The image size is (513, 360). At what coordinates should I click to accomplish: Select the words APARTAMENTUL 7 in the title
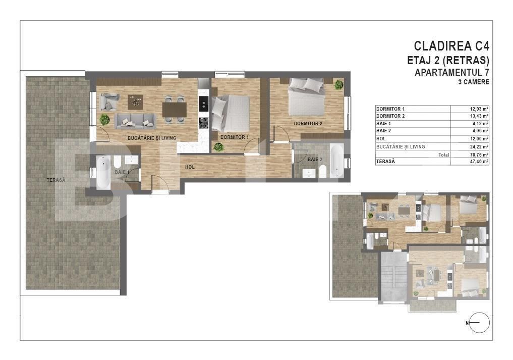point(451,72)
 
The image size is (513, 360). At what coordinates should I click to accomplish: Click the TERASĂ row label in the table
point(386,162)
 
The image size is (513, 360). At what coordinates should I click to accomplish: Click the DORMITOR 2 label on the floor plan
point(308,124)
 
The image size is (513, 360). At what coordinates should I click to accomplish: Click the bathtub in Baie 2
point(336,161)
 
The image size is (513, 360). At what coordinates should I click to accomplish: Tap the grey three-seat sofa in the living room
point(135,121)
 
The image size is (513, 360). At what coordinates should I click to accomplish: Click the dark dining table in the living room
point(174,109)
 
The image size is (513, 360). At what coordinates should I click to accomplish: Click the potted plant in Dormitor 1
point(218,147)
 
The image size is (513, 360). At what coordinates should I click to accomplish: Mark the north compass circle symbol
point(479,323)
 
